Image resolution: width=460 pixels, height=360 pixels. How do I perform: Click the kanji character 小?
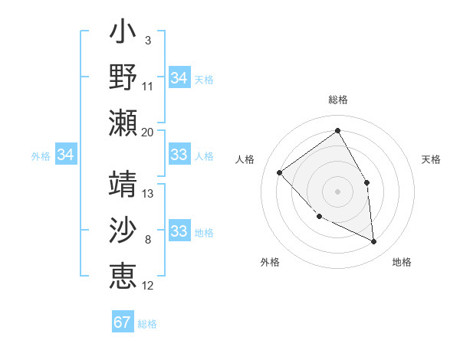[x=123, y=34]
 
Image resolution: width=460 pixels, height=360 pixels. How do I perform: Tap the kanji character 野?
[x=123, y=77]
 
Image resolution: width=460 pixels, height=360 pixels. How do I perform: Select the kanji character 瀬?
[x=123, y=122]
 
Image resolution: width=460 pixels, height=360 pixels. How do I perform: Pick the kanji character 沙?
[x=123, y=231]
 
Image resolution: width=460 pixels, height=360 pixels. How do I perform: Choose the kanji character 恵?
[x=123, y=275]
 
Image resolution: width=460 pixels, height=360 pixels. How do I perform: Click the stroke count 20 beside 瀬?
[x=147, y=132]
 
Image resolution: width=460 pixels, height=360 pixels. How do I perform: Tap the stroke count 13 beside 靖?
[x=149, y=194]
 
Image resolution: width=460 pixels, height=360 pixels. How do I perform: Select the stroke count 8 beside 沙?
[x=147, y=240]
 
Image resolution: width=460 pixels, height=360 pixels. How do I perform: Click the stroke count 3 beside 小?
[x=147, y=40]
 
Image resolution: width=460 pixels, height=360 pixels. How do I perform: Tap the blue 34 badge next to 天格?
[x=179, y=77]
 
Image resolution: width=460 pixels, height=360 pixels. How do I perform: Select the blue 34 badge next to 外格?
[x=66, y=155]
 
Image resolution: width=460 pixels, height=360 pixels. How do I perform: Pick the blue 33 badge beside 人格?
[x=179, y=155]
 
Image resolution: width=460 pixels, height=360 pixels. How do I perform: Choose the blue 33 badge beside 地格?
[x=179, y=231]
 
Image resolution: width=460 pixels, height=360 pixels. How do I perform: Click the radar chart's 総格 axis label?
[x=337, y=100]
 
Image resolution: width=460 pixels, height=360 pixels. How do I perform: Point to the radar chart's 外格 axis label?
[x=270, y=262]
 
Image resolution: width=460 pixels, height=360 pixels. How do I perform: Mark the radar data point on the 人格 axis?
[x=280, y=172]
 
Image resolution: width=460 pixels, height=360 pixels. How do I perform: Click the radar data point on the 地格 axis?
[x=373, y=241]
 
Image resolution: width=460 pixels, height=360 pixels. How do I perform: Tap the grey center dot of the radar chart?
[x=337, y=191]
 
